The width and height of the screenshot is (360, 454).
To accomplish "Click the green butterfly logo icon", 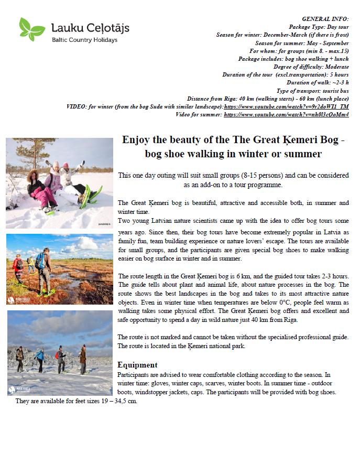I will tap(31, 29).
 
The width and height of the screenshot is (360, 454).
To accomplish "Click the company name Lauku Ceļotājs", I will tap(90, 27).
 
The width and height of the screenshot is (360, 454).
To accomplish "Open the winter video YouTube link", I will tap(286, 106).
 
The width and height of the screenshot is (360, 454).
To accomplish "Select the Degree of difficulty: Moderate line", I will tap(311, 67).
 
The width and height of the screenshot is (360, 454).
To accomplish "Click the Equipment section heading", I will tap(137, 365).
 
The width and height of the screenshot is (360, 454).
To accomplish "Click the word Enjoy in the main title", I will tap(135, 140).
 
